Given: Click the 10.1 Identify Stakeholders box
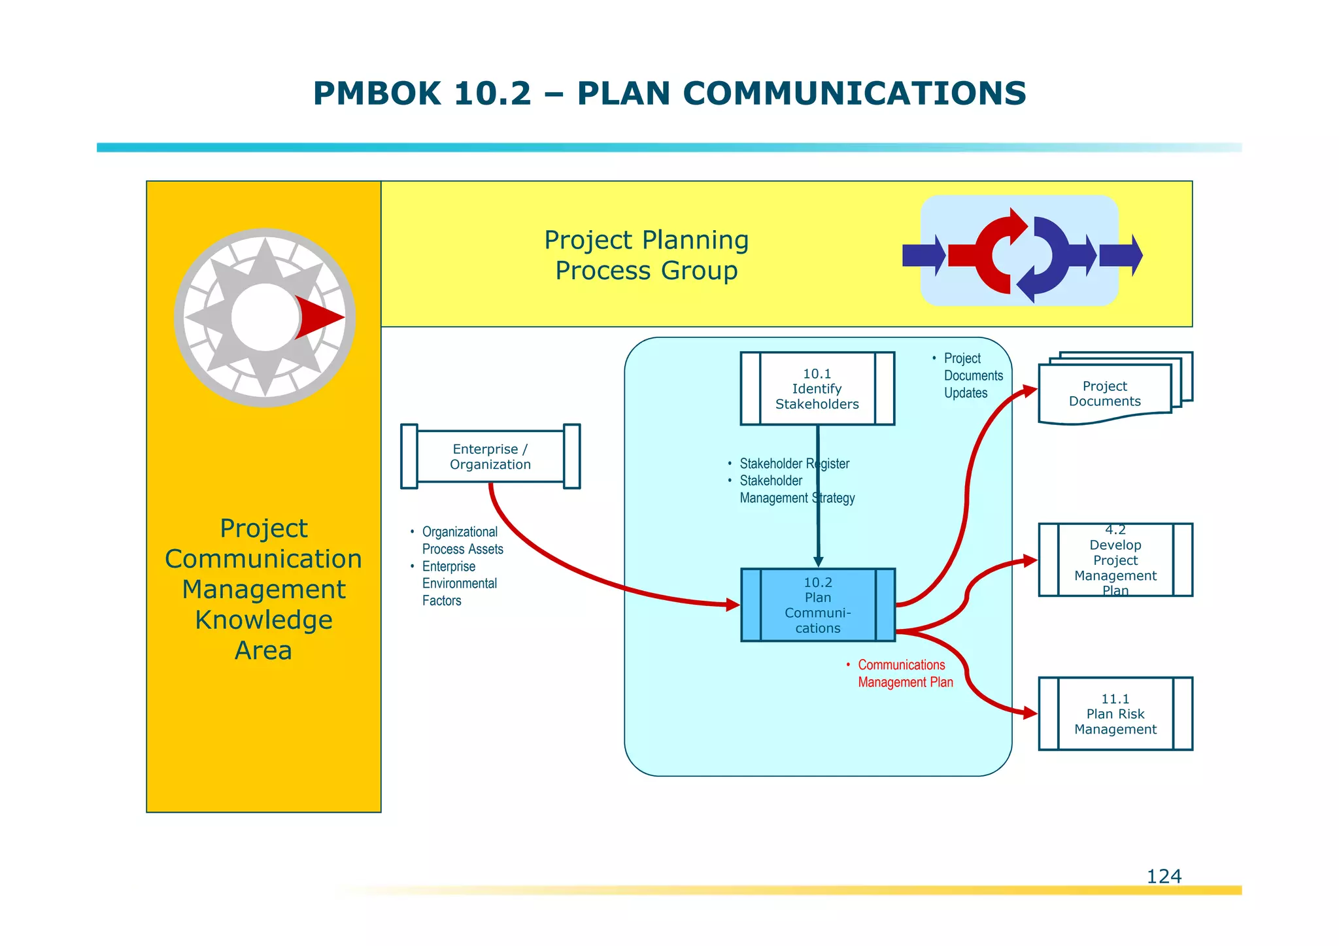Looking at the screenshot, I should point(817,389).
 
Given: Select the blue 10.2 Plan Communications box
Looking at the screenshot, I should point(817,605).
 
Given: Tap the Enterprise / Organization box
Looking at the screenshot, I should point(490,456).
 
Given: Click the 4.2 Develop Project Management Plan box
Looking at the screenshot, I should point(1115,560).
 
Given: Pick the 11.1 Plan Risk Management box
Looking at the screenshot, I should point(1115,714).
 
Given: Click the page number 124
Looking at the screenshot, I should point(1164,876).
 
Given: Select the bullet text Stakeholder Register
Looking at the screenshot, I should point(794,464).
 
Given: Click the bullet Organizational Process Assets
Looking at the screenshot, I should point(462,541).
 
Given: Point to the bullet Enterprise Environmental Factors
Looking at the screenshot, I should point(459,583).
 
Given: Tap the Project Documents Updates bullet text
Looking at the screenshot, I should point(972,376).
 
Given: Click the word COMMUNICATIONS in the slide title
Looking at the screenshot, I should point(854,93).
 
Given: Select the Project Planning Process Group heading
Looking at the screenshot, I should point(646,255).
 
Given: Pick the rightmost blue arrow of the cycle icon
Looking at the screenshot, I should point(1121,255).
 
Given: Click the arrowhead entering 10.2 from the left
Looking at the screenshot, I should point(733,605).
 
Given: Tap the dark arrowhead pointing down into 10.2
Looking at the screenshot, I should point(818,562).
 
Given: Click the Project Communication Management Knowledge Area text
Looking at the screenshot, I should point(263,588).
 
